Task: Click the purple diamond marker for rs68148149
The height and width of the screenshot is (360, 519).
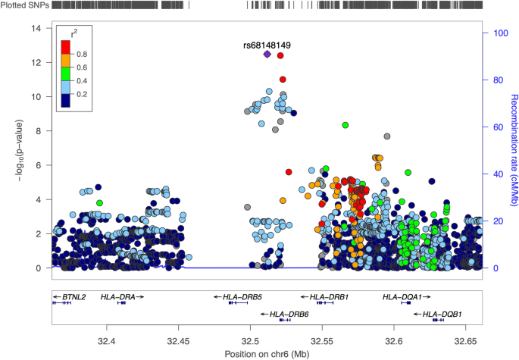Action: [267, 55]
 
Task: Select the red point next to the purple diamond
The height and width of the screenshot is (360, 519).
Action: [281, 55]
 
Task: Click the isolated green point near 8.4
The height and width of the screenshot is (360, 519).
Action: [345, 125]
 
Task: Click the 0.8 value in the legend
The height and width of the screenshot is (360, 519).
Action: [83, 54]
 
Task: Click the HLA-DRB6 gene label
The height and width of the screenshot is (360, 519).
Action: [289, 314]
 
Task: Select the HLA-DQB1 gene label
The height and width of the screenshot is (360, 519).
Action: [442, 314]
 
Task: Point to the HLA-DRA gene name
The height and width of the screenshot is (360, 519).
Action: [119, 297]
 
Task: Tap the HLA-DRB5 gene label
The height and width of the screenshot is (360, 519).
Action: [242, 297]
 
